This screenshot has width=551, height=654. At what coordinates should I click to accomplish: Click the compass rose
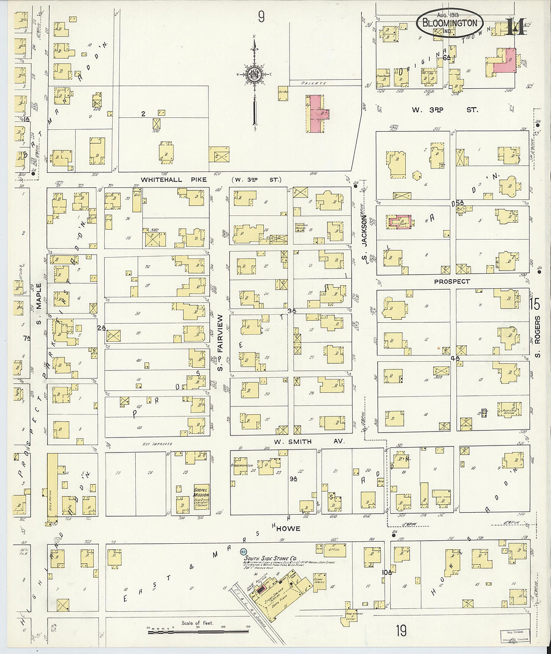click(x=255, y=75)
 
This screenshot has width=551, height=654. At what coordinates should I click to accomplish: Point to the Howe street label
click(x=288, y=528)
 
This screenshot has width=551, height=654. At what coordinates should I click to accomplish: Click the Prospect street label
click(x=452, y=282)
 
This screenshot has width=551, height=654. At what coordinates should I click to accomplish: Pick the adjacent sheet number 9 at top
click(x=261, y=18)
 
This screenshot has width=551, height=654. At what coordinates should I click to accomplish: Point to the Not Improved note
click(x=157, y=444)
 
